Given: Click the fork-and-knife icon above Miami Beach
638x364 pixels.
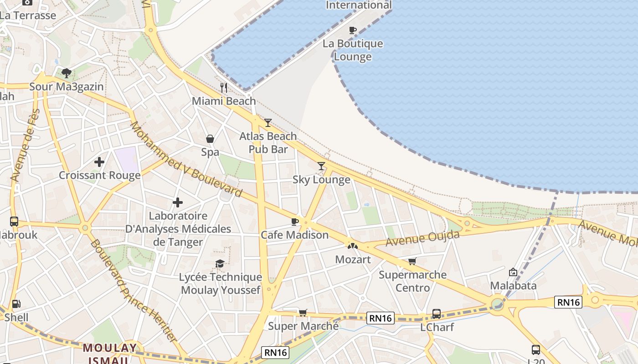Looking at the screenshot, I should pos(224,87).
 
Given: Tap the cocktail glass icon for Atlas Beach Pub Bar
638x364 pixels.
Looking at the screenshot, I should pos(268,122).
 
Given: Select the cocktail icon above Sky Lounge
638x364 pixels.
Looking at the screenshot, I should pos(321,166).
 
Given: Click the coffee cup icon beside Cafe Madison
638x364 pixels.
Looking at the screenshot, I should pos(295,222).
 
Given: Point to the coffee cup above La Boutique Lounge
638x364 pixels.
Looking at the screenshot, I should pos(352,30).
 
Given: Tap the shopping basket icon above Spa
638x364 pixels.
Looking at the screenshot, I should pos(210,139).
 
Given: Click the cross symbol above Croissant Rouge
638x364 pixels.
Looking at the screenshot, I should pos(99,162).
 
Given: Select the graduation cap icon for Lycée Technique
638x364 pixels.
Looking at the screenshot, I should pos(220,264).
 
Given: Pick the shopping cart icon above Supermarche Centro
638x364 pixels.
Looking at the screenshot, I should pos(412,261).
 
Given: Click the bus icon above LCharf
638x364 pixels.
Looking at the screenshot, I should pos(437,313).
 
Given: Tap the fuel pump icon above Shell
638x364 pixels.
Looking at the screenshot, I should pos(16,304).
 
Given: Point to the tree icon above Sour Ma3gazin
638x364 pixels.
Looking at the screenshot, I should pos(67,73).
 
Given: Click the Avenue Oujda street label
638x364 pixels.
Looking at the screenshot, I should pos(422,238).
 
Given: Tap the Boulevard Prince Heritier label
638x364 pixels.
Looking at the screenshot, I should pos(133,291).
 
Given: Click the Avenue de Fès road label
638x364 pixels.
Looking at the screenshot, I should pos(26,146).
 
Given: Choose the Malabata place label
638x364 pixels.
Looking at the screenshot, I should pos(513,286).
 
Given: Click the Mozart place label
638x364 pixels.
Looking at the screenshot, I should pos(353,259).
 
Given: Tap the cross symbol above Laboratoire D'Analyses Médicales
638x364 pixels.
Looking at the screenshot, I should pos(178,202).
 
